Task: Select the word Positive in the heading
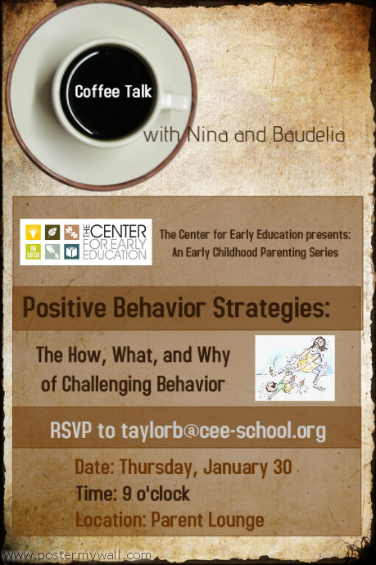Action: click(x=61, y=310)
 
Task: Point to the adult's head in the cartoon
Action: click(x=319, y=344)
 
